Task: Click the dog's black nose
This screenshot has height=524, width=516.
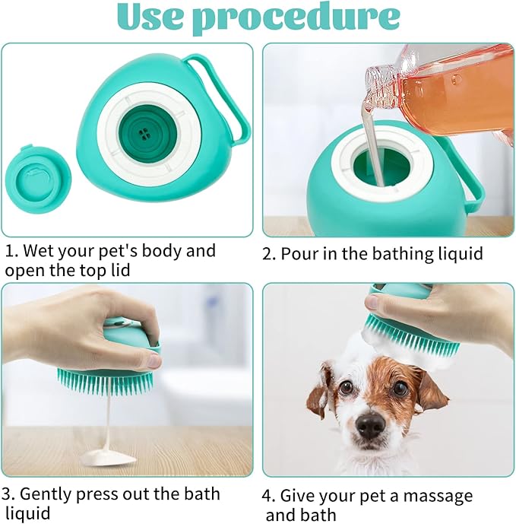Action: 371,425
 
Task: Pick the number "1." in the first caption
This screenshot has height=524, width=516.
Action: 13,251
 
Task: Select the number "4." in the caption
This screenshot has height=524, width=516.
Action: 270,497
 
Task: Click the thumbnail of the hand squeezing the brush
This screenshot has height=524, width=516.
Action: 127,379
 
